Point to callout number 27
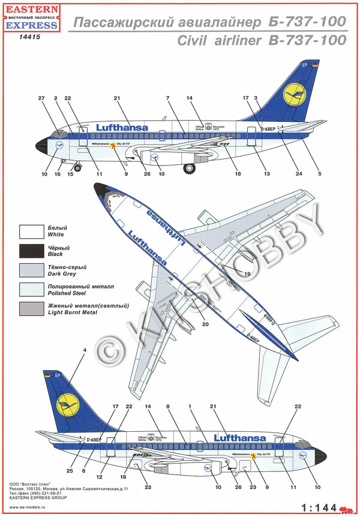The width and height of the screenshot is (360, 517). (x=41, y=98)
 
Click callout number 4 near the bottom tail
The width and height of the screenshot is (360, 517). (x=85, y=350)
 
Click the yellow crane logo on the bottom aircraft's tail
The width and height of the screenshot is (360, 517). (x=67, y=407)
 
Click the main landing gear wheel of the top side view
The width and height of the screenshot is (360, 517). (x=189, y=169)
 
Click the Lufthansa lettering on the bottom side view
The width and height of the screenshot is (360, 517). (x=239, y=438)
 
